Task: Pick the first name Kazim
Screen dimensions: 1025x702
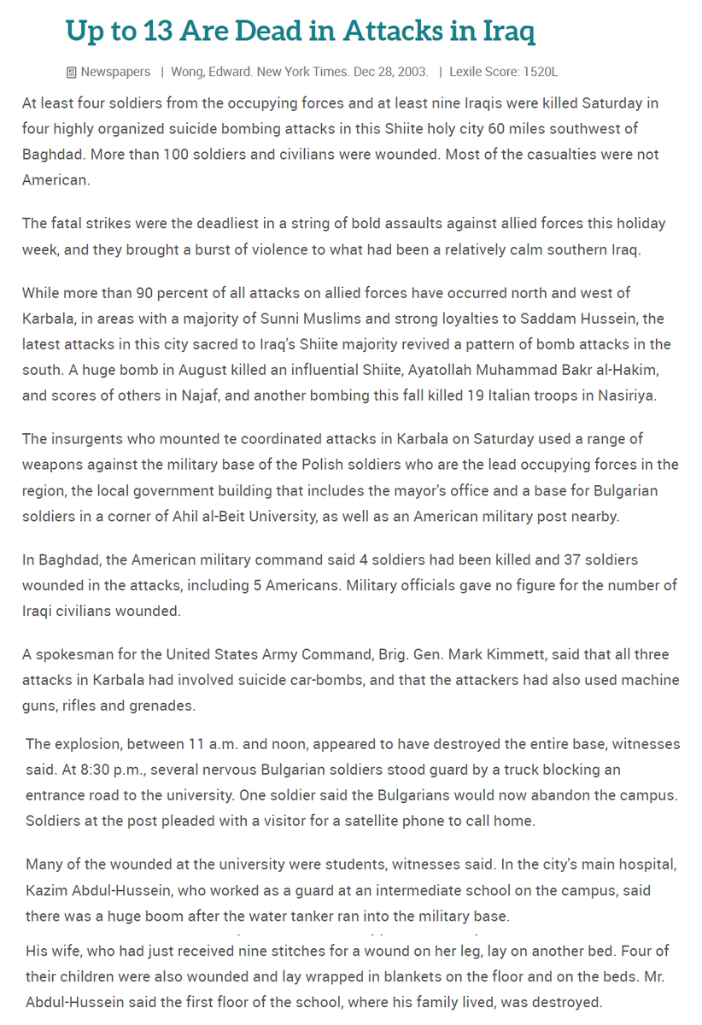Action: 45,890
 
